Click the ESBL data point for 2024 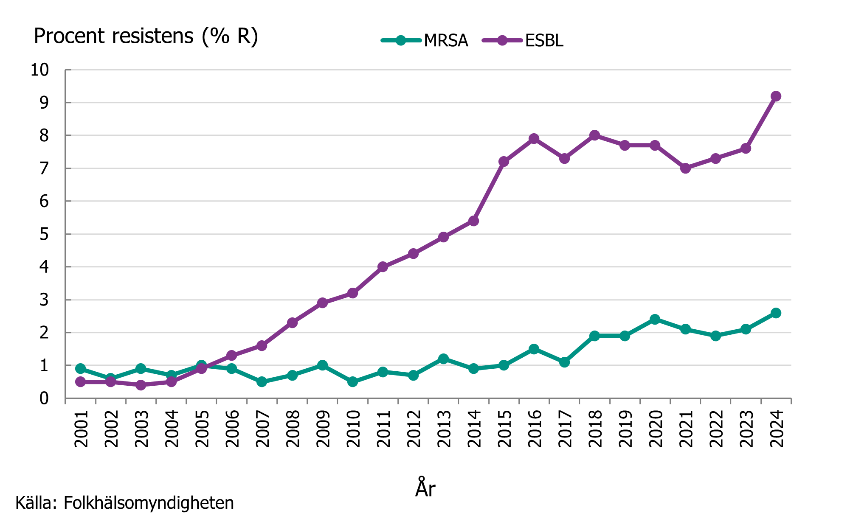tap(776, 96)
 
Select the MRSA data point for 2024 tap(776, 313)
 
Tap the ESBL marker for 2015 tap(504, 162)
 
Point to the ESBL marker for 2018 tap(594, 135)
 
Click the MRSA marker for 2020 tap(655, 320)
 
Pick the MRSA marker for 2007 tap(262, 382)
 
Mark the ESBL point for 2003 tap(141, 385)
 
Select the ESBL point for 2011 tap(383, 267)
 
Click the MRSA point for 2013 tap(443, 359)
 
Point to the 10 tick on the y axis tap(39, 70)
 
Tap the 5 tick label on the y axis tap(44, 234)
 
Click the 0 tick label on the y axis tap(44, 398)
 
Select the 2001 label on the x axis tap(81, 429)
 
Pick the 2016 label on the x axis tap(535, 429)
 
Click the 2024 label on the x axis tap(777, 429)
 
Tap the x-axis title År tap(425, 488)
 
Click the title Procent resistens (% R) tap(146, 36)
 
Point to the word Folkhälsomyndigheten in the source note tap(149, 503)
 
